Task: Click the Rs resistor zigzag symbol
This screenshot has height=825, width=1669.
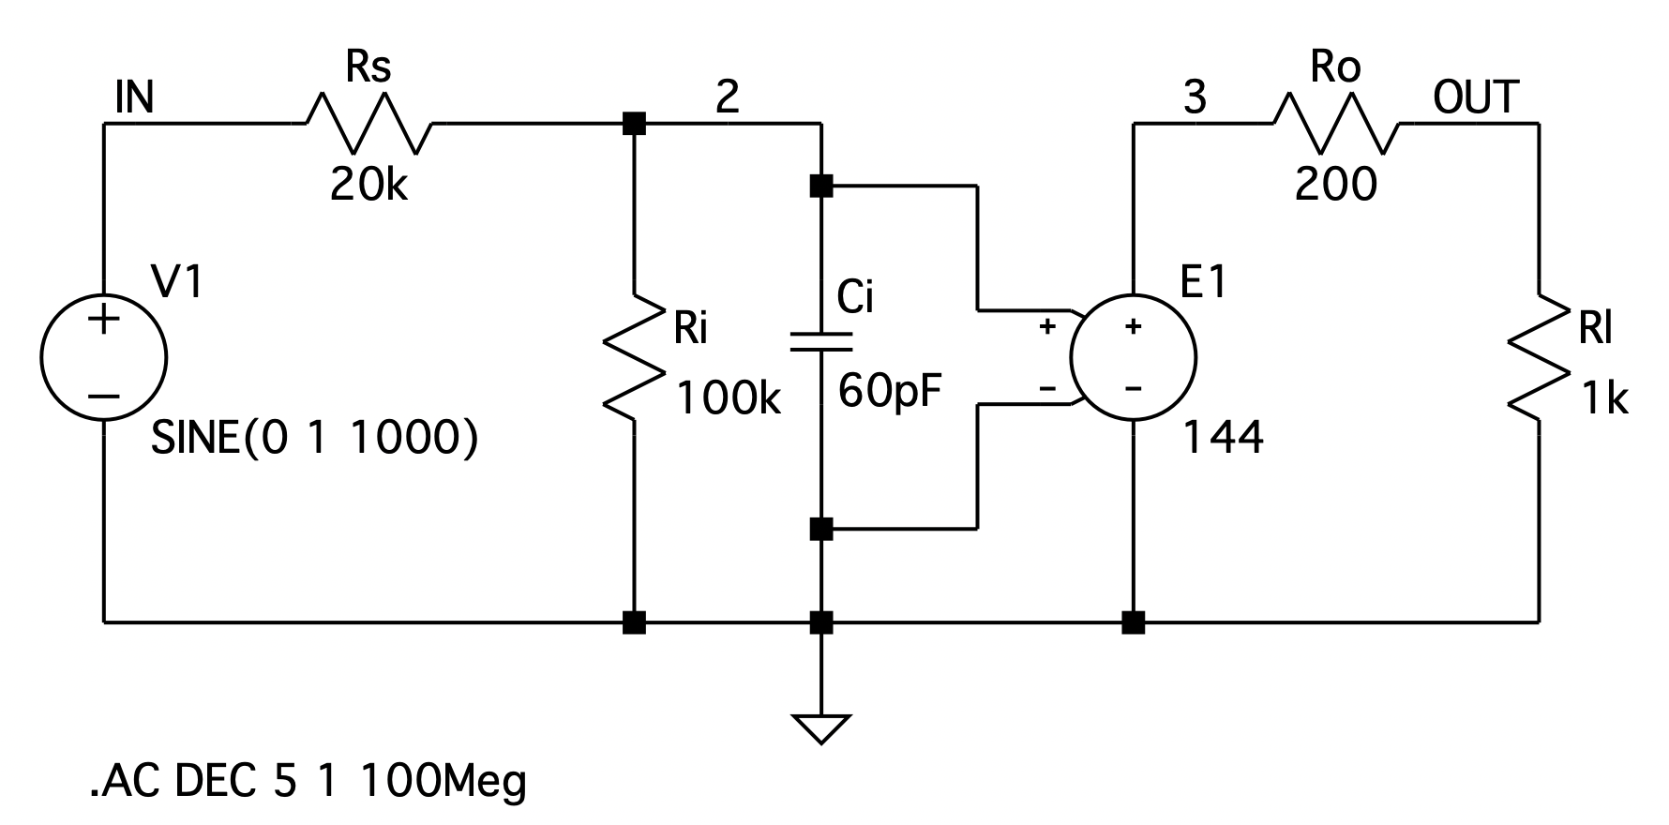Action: [x=368, y=123]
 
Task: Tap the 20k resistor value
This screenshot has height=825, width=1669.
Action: [x=368, y=186]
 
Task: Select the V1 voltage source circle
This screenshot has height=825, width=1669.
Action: [x=103, y=357]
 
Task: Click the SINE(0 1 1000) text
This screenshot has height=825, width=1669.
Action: [x=314, y=438]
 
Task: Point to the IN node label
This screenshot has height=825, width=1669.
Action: [x=134, y=97]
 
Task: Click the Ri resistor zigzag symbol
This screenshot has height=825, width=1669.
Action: [x=635, y=357]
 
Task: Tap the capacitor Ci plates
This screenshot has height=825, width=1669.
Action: [x=820, y=341]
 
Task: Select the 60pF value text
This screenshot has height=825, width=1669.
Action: [x=889, y=390]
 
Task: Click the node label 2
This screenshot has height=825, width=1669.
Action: [x=727, y=97]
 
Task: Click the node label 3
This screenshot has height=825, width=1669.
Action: [x=1194, y=97]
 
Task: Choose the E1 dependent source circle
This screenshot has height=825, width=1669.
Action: [x=1134, y=357]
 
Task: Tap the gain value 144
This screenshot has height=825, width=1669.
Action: [x=1223, y=437]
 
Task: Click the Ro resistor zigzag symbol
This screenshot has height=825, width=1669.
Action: [x=1336, y=123]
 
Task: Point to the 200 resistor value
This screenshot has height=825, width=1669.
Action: [x=1336, y=185]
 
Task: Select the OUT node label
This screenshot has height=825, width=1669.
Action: [x=1476, y=97]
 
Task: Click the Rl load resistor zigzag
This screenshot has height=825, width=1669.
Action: [x=1539, y=357]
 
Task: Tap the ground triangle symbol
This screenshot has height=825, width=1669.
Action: [x=820, y=727]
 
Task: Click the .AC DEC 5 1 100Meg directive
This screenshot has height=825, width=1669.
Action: [x=308, y=781]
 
